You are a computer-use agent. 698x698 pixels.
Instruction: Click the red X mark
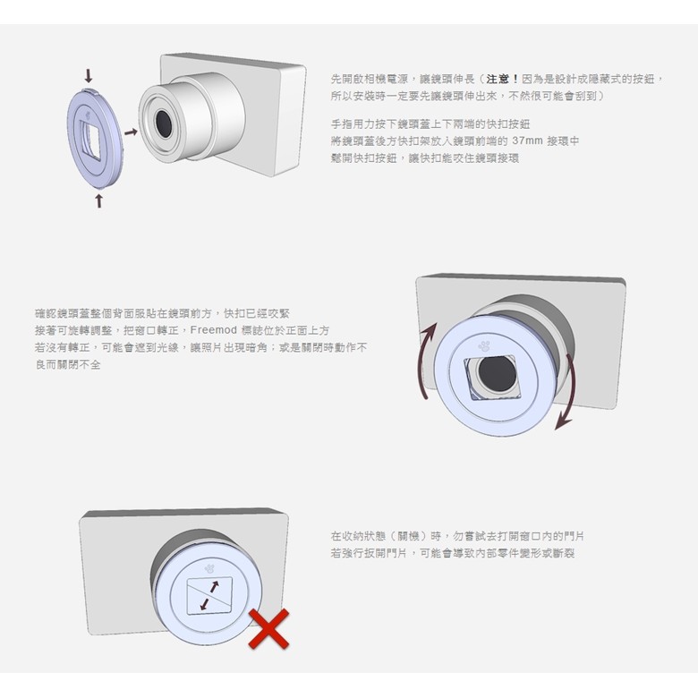pos(268,628)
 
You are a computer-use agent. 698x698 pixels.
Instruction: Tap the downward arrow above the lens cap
pos(89,76)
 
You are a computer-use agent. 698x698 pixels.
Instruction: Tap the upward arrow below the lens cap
pos(98,200)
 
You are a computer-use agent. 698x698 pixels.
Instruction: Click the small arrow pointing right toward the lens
pos(131,132)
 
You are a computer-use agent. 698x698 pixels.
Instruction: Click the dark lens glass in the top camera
pos(163,123)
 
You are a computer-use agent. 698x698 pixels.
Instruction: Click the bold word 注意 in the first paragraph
pos(498,80)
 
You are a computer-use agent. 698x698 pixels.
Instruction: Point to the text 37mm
pos(527,140)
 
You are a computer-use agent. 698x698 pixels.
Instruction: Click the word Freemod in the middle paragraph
pos(213,330)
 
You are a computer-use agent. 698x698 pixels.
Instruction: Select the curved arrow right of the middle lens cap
pos(566,393)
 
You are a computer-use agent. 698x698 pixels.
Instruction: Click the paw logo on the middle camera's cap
pos(484,345)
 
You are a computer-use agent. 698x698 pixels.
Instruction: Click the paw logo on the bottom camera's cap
pos(209,568)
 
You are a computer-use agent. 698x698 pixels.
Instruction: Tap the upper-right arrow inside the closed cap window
pos(214,587)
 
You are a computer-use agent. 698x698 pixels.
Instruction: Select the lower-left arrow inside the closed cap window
pos(205,604)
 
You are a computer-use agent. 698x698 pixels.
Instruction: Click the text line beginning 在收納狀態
pos(457,536)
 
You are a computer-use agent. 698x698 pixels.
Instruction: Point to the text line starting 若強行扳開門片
pos(453,553)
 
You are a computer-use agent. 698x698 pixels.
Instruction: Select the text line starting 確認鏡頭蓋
pos(163,313)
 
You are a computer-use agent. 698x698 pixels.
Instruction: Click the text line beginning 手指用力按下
pos(430,123)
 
